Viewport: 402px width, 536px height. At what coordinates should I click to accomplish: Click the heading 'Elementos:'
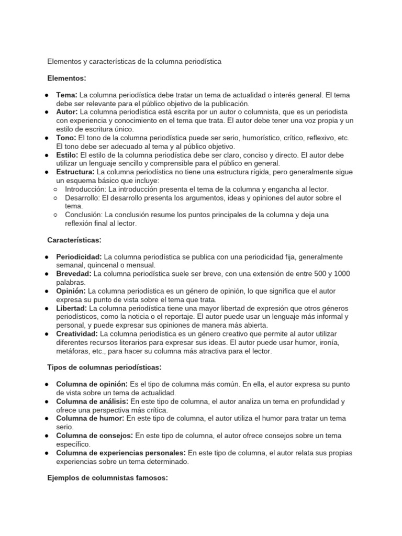click(66, 78)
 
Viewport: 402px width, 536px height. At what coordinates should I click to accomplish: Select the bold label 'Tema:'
click(66, 95)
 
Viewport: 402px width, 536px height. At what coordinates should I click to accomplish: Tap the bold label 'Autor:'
click(67, 112)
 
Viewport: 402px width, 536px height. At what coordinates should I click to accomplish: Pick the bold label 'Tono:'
click(66, 138)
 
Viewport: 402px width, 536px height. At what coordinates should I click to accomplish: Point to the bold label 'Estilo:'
click(68, 155)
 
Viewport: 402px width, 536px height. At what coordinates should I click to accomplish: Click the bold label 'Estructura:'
click(76, 172)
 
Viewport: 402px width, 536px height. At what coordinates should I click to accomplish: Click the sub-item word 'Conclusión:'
click(84, 215)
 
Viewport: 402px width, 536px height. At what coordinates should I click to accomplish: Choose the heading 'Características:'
click(74, 240)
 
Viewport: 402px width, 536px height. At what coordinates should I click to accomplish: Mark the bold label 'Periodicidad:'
click(79, 257)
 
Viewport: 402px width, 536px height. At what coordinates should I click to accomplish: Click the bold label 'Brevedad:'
click(74, 274)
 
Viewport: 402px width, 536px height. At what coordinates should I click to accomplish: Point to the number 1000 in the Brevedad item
click(342, 274)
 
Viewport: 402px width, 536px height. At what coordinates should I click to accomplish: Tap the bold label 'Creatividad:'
click(77, 333)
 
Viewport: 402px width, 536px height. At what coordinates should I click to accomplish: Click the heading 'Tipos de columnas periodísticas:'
click(104, 367)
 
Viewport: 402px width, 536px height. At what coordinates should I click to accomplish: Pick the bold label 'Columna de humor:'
click(90, 418)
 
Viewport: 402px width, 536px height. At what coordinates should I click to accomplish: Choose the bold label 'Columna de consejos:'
click(95, 435)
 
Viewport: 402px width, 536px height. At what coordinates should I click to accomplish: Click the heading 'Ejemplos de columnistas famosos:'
click(107, 478)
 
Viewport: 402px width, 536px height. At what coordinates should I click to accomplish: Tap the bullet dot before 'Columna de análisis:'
click(47, 401)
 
